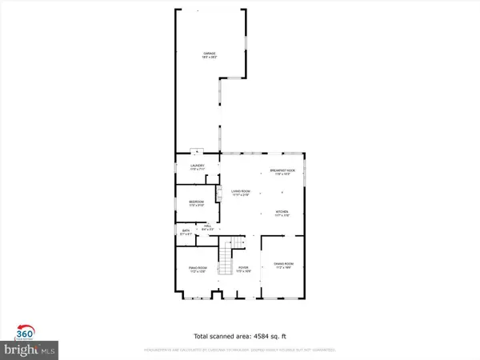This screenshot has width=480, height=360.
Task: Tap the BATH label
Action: tap(186, 232)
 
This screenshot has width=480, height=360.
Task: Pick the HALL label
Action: tap(206, 228)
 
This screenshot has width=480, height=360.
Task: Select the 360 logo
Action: tap(25, 334)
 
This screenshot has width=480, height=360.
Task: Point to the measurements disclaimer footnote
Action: tap(240, 350)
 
